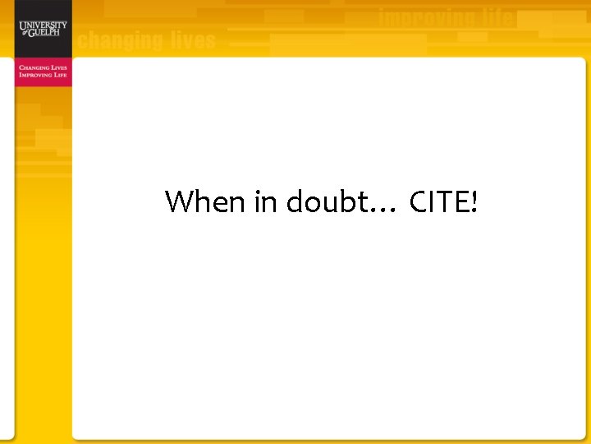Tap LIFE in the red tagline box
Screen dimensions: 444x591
pyautogui.click(x=60, y=75)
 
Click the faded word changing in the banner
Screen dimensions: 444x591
pyautogui.click(x=121, y=40)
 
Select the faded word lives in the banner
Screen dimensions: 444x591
pyautogui.click(x=194, y=40)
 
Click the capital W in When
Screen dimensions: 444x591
pyautogui.click(x=177, y=201)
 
